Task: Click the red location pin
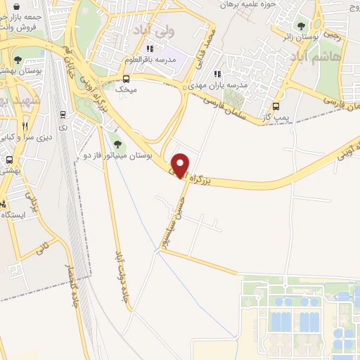pyautogui.click(x=181, y=165)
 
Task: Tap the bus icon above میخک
pyautogui.click(x=126, y=79)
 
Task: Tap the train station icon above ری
pyautogui.click(x=63, y=114)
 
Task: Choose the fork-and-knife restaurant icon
pyautogui.click(x=25, y=126)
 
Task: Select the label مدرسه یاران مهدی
pyautogui.click(x=224, y=84)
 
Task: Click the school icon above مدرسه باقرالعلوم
pyautogui.click(x=148, y=49)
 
